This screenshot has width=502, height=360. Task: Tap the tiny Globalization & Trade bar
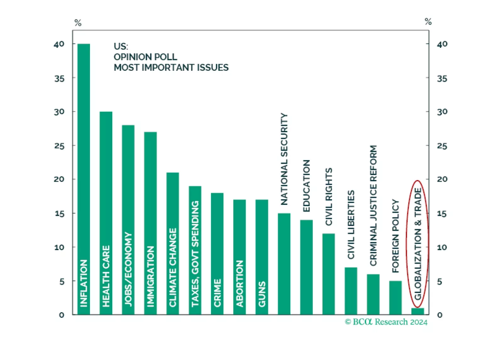418,311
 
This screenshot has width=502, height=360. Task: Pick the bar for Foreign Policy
395,297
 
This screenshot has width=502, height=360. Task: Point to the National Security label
284,159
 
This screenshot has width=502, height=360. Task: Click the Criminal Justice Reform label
373,205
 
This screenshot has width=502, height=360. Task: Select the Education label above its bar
306,186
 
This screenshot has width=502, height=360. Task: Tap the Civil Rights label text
329,197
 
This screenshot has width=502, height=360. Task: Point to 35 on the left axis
59,78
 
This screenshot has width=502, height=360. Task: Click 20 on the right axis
442,179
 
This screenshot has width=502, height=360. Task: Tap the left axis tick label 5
62,281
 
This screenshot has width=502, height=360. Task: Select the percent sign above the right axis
428,21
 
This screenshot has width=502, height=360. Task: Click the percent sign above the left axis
78,23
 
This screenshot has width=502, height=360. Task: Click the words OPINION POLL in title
145,57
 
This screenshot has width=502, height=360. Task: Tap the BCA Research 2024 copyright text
386,322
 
